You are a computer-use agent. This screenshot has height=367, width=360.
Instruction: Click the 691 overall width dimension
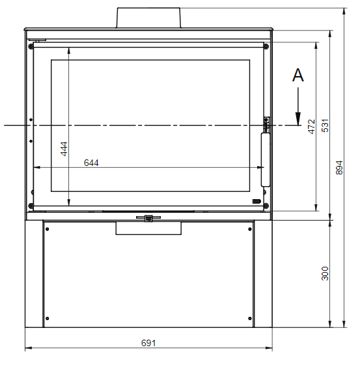tap(149, 342)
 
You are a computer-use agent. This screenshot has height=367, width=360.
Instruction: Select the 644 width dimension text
tap(91, 163)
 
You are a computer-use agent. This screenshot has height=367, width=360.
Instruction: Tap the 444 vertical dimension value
tap(64, 149)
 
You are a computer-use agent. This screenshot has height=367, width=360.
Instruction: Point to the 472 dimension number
tap(312, 126)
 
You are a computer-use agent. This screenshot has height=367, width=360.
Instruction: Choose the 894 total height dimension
tap(339, 167)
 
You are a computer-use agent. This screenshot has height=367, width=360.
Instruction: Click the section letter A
tap(298, 75)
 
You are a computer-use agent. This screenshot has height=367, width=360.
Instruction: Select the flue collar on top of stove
tap(148, 18)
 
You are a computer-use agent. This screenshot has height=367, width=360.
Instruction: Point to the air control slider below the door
tap(148, 218)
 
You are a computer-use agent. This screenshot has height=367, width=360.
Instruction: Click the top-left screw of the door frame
tap(31, 46)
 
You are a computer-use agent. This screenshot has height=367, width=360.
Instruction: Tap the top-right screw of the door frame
tap(266, 46)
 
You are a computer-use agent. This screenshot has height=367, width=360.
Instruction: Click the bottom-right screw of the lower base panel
tap(251, 318)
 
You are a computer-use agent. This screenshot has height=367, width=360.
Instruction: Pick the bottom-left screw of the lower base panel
tap(48, 318)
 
